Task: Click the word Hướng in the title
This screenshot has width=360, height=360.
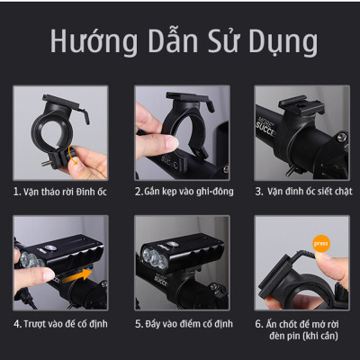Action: click(86, 42)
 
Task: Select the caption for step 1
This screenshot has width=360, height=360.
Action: click(59, 192)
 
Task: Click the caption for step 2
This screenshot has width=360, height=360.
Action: click(179, 192)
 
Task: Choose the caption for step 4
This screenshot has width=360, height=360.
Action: click(59, 321)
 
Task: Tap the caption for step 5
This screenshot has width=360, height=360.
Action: click(179, 321)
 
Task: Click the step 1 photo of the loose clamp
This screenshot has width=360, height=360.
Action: click(59, 132)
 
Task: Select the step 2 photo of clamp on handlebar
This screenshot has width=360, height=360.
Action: click(179, 132)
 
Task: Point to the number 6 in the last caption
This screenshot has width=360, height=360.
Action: click(257, 322)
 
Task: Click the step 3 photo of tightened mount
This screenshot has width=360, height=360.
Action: click(300, 132)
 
